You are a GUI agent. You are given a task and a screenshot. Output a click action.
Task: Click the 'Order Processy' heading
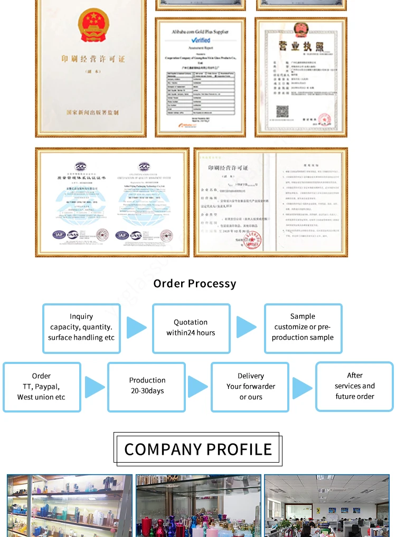[x=195, y=284]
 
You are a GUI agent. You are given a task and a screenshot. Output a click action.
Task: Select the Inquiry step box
[x=81, y=328]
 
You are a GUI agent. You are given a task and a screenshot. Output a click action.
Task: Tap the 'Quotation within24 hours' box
[x=191, y=328]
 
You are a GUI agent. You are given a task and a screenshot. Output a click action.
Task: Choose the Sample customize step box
[x=303, y=328]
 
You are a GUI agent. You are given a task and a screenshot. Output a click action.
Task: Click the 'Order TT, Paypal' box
[x=41, y=387]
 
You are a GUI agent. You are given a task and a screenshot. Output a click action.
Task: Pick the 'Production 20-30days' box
[x=147, y=386]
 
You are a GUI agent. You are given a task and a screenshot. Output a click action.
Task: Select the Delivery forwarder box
[x=250, y=387]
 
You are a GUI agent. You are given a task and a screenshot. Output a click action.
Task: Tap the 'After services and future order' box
[x=354, y=386]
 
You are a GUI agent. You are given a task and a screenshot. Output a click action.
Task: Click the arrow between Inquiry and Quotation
[x=136, y=328]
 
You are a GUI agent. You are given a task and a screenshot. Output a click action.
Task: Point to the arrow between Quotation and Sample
[x=246, y=328]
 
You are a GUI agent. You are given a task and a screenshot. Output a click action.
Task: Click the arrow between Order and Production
[x=95, y=387]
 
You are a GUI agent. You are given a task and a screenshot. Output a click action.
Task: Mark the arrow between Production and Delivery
[x=197, y=387]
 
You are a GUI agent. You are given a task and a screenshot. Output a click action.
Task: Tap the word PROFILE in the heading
[x=239, y=449]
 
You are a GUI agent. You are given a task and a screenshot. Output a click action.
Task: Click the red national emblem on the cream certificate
[x=93, y=25]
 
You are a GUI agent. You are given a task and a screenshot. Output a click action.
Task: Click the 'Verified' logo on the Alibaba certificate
[x=201, y=40]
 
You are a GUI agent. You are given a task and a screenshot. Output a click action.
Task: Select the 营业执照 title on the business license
[x=300, y=46]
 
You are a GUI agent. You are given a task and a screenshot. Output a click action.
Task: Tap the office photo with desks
[x=326, y=505]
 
